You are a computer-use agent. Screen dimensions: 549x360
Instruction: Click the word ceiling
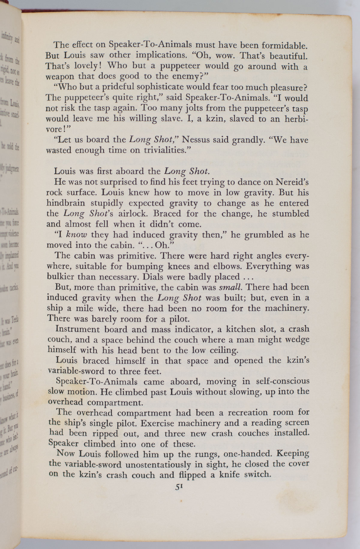click(220, 350)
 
